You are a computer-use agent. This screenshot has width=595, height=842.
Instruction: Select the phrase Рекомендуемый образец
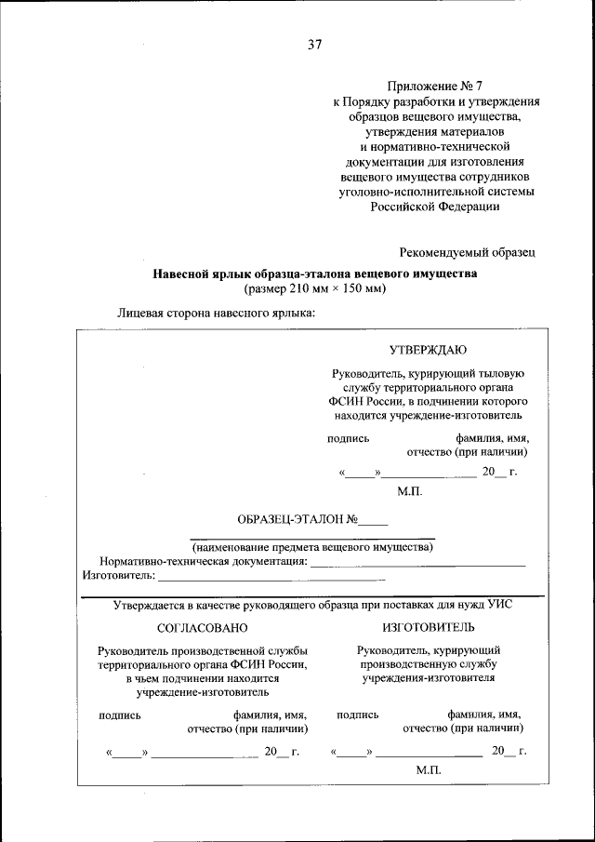pyautogui.click(x=467, y=252)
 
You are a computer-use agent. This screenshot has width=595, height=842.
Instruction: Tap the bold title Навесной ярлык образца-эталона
pyautogui.click(x=314, y=274)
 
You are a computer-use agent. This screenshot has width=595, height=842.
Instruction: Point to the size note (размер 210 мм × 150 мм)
pyautogui.click(x=314, y=289)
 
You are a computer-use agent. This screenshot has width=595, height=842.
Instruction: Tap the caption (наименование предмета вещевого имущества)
pyautogui.click(x=312, y=547)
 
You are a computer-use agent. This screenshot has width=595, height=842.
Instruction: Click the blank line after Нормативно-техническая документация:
pyautogui.click(x=417, y=563)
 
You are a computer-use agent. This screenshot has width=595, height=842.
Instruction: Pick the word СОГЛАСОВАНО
pyautogui.click(x=203, y=628)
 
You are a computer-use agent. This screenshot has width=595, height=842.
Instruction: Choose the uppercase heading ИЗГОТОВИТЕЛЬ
pyautogui.click(x=428, y=628)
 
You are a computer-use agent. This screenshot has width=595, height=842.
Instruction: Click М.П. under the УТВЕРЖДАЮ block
pyautogui.click(x=410, y=491)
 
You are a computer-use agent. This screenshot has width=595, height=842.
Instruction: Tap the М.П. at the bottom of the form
pyautogui.click(x=429, y=771)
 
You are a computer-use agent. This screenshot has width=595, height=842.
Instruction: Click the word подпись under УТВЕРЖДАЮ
pyautogui.click(x=349, y=438)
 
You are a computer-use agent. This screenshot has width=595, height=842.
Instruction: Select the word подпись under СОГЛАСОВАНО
pyautogui.click(x=120, y=715)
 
